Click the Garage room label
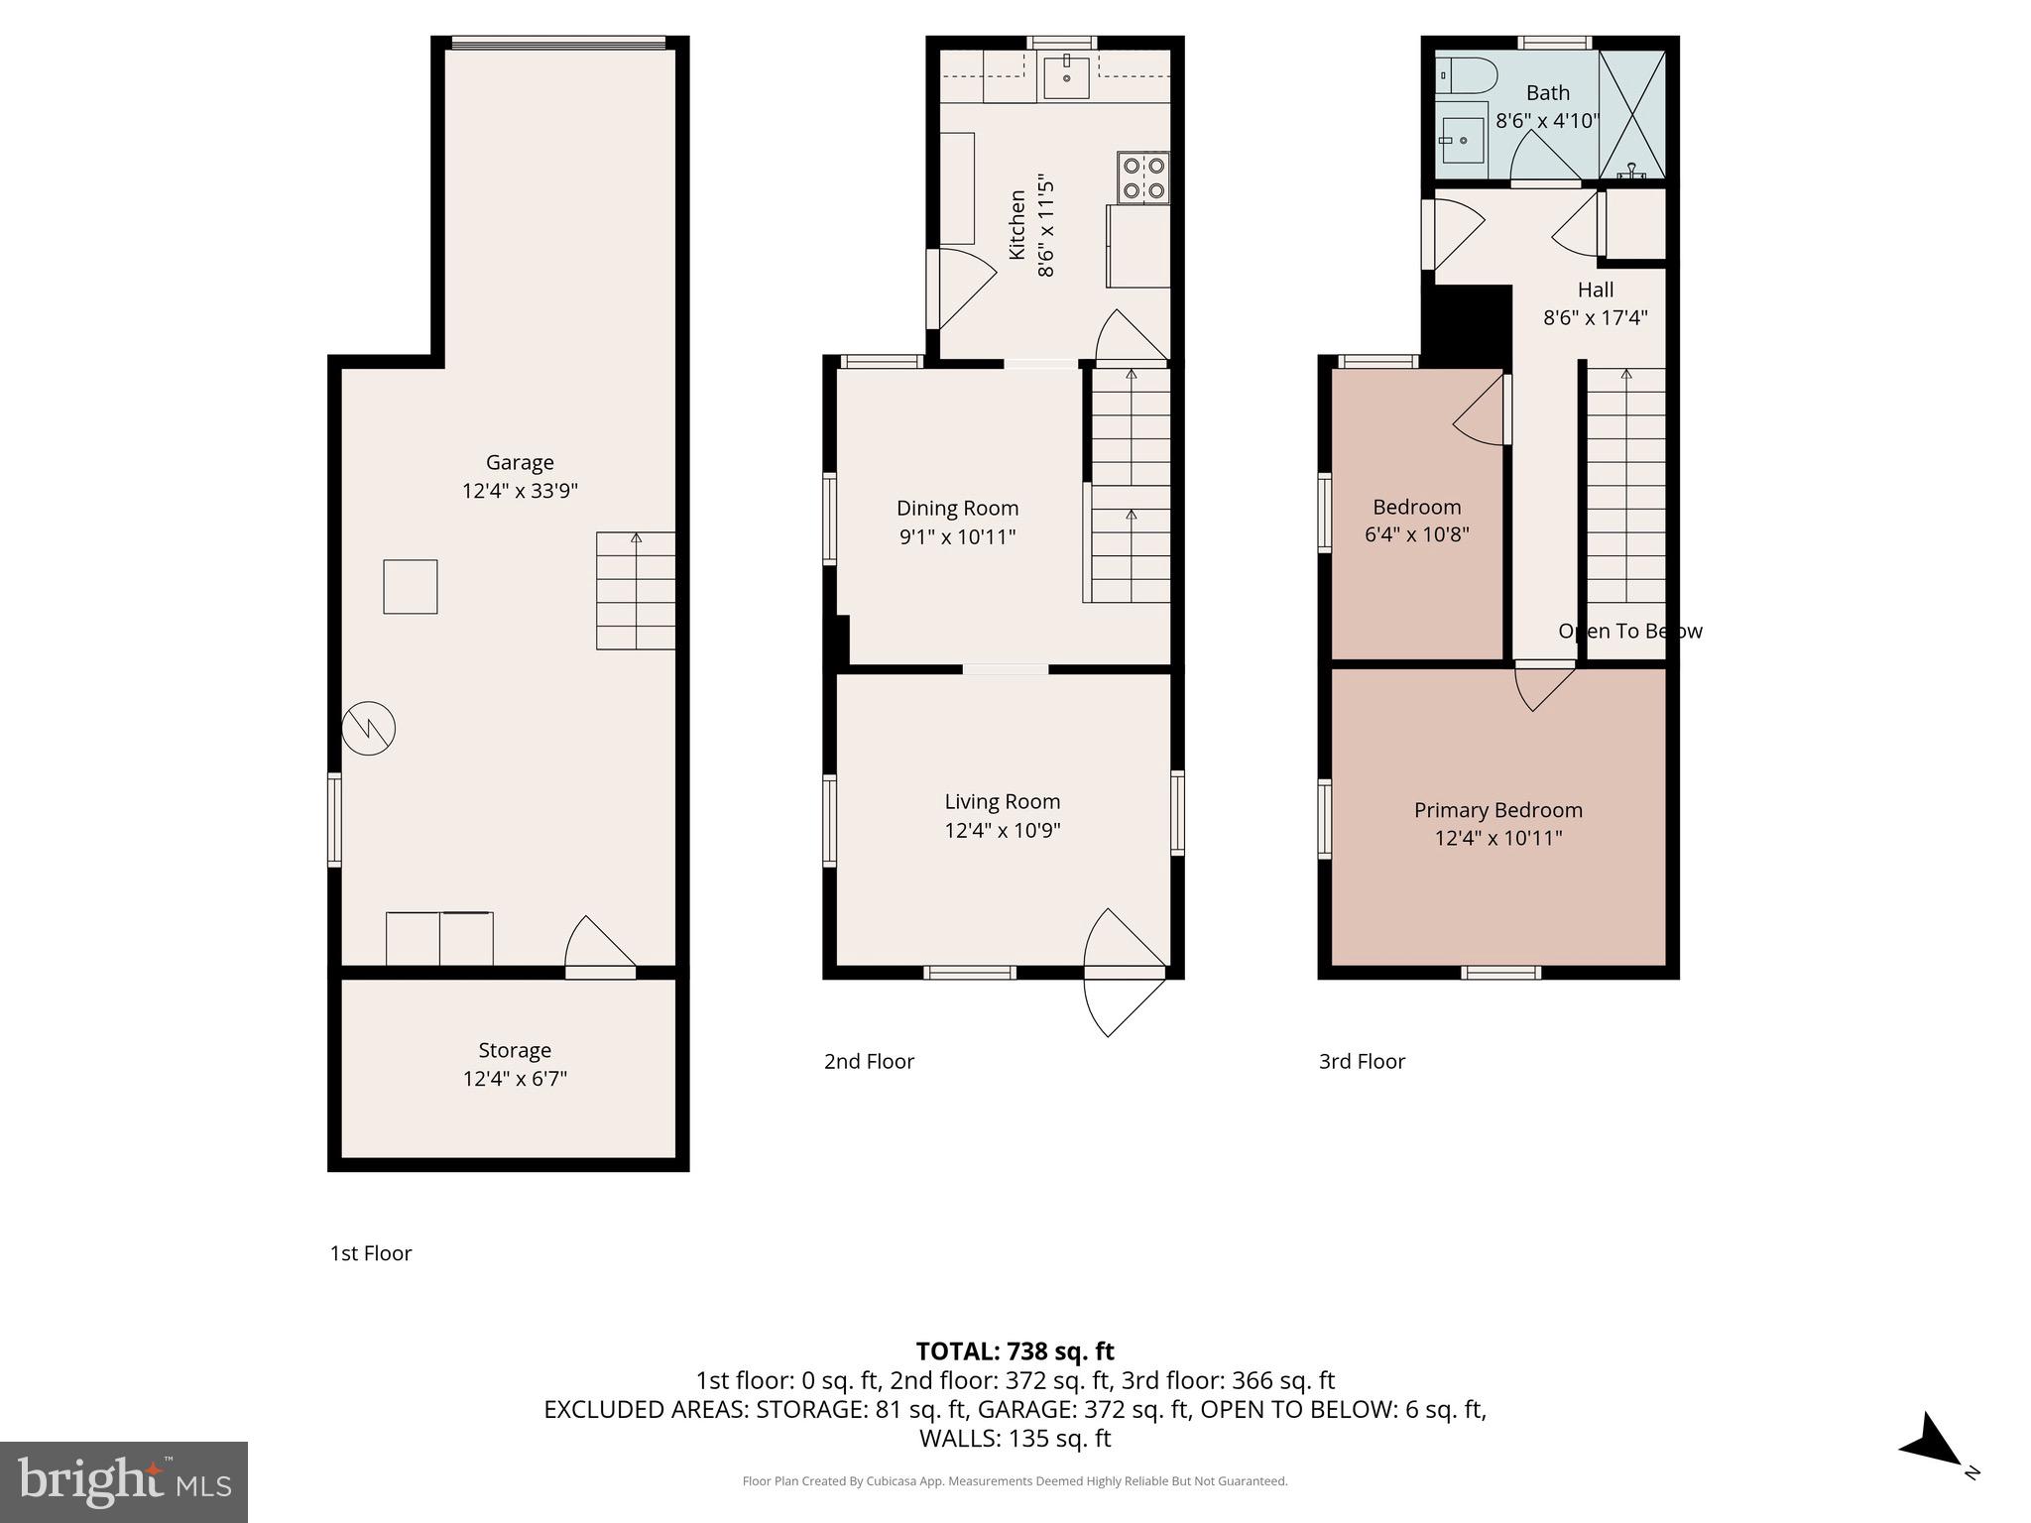coord(519,462)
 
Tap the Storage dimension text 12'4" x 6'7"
coord(514,1078)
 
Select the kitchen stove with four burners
coord(1143,177)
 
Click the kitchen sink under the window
coord(1066,76)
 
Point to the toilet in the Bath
coord(1466,74)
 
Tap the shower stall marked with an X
coord(1631,115)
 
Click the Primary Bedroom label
coord(1497,810)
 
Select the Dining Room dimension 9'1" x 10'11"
coord(957,536)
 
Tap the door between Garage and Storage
coord(598,947)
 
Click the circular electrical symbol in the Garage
coord(369,729)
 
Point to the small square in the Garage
coord(411,587)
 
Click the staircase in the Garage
coord(636,591)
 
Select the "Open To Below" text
coord(1629,631)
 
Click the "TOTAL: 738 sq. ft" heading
coord(1015,1351)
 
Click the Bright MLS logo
coord(124,1481)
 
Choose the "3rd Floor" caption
coord(1362,1061)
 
